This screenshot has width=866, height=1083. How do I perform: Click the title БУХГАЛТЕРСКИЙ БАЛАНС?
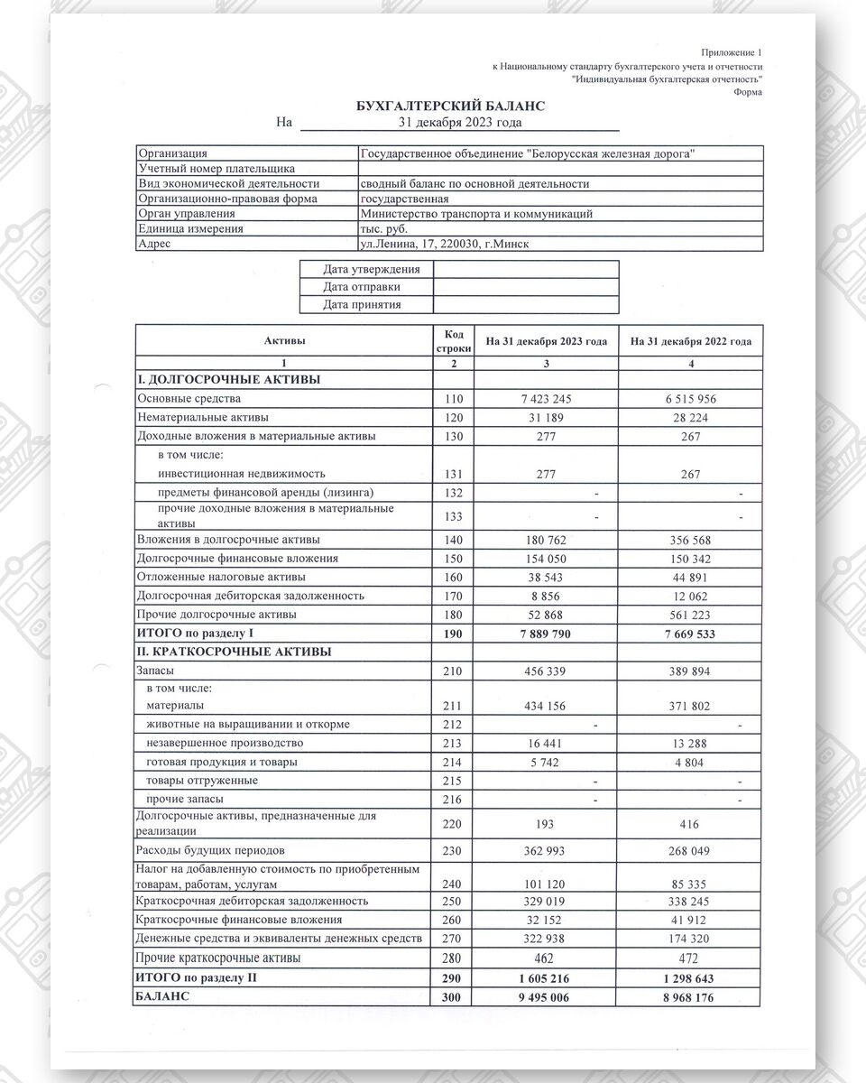pyautogui.click(x=450, y=106)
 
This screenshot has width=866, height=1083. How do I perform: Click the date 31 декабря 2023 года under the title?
pyautogui.click(x=460, y=122)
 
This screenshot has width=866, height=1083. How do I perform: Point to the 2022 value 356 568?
pyautogui.click(x=691, y=540)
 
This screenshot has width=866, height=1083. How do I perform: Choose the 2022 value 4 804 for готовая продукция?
pyautogui.click(x=691, y=762)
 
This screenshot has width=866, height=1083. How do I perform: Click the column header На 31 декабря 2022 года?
pyautogui.click(x=691, y=341)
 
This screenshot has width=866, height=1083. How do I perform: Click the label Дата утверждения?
pyautogui.click(x=372, y=269)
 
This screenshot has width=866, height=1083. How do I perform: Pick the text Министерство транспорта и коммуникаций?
pyautogui.click(x=475, y=214)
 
